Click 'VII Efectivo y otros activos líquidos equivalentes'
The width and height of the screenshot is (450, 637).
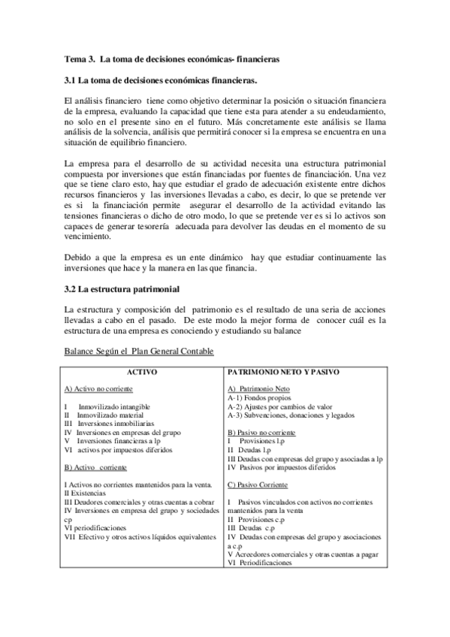140,536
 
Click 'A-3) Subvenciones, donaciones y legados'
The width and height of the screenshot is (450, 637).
290,415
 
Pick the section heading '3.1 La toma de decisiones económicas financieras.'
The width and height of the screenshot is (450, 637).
161,80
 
